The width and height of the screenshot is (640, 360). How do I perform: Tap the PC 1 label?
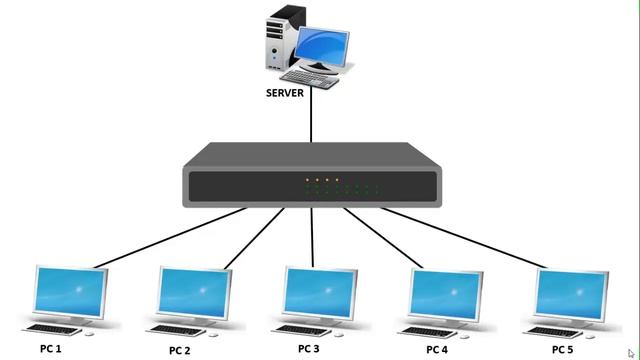(x=51, y=349)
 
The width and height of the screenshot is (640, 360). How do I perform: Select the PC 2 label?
(x=179, y=351)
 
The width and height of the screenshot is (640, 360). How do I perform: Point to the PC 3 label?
(x=308, y=349)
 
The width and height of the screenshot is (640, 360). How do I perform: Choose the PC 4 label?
(x=436, y=350)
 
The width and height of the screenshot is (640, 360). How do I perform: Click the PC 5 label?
(x=563, y=349)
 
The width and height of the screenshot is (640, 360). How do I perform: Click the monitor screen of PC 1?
(x=70, y=291)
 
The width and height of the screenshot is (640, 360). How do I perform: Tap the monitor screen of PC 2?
(x=196, y=291)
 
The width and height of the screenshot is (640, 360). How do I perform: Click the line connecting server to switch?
(x=311, y=120)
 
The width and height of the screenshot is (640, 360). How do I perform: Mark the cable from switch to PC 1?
(x=170, y=238)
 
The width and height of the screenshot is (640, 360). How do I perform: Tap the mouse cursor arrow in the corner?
(x=631, y=352)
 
